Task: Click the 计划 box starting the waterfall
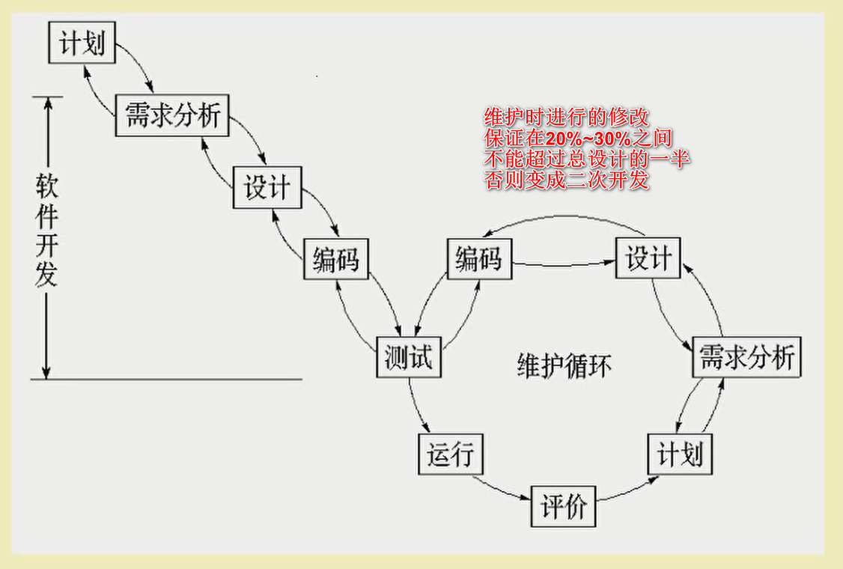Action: (82, 43)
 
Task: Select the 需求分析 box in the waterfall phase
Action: (171, 115)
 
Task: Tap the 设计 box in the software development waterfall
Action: (267, 188)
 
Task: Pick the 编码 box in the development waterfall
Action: (335, 259)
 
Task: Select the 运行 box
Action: (450, 454)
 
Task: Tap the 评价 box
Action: (564, 507)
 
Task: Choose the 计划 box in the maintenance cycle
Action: (680, 454)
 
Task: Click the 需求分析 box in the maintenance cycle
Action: (746, 357)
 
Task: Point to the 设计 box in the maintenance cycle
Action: (648, 258)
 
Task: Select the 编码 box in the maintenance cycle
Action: (478, 259)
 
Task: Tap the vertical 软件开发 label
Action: (46, 231)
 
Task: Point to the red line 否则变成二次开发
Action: (567, 180)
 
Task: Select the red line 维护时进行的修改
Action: (567, 118)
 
